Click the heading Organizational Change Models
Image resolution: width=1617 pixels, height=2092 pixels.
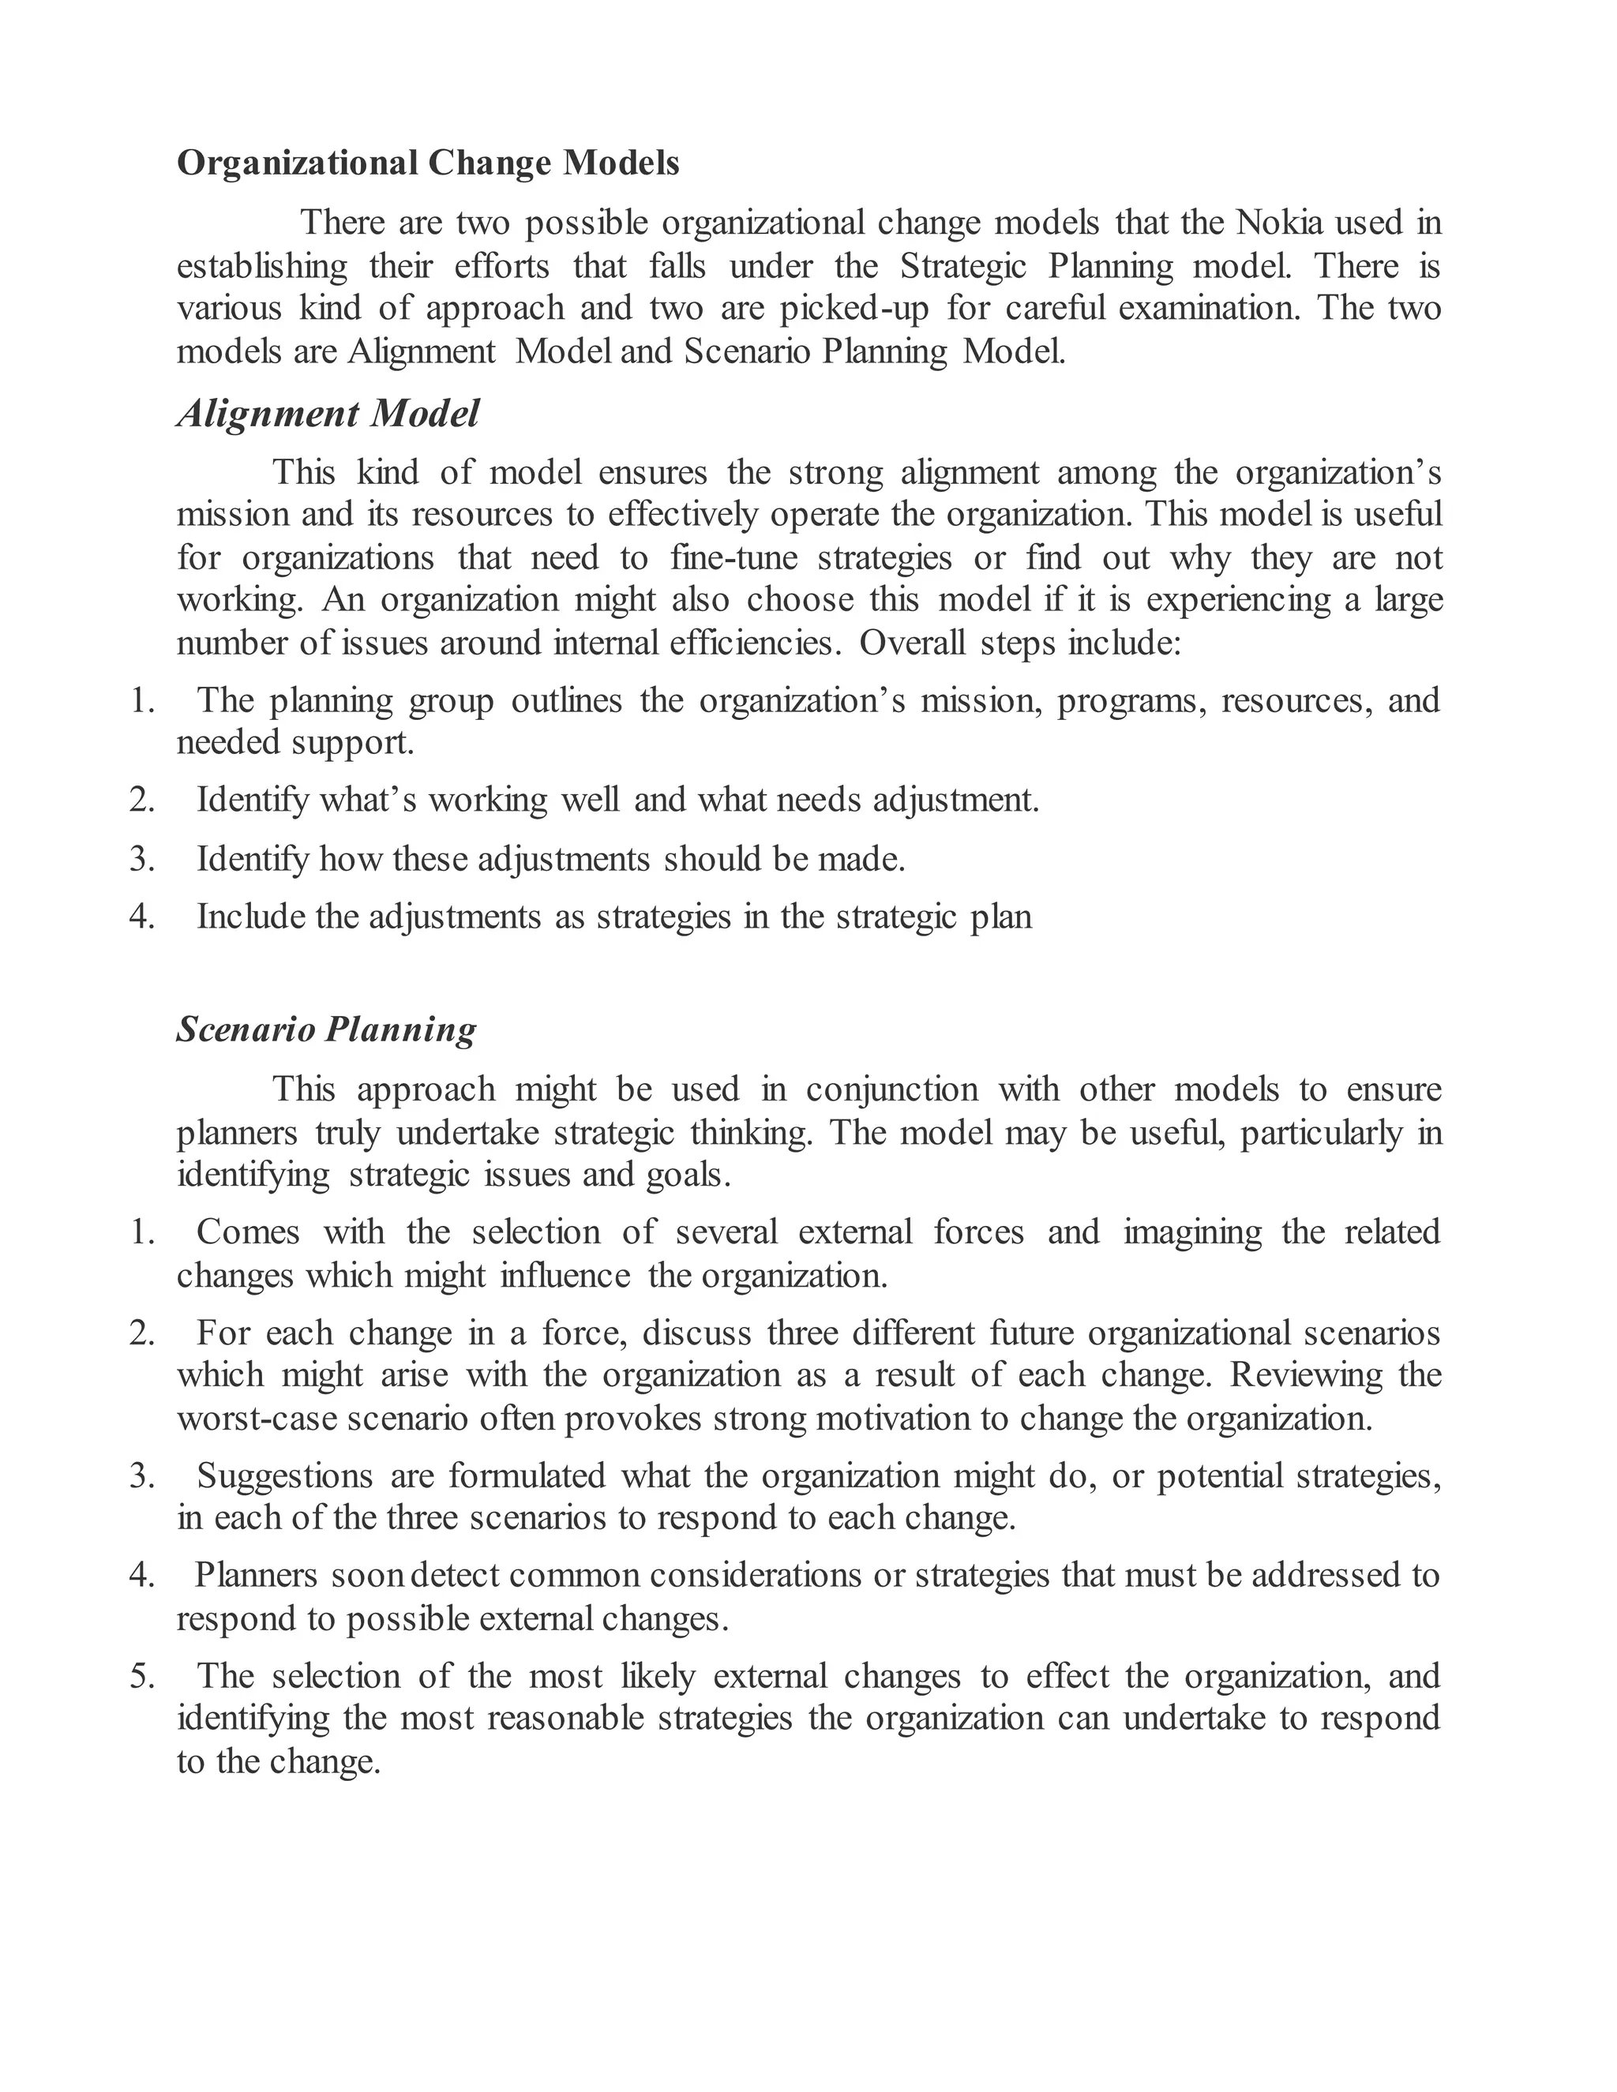pos(428,163)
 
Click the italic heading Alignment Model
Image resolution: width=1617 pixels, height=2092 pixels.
pos(328,414)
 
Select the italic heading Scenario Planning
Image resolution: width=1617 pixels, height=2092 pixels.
pos(327,1029)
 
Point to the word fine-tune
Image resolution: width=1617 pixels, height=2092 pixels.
pos(733,557)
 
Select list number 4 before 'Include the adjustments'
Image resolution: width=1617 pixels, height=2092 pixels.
pos(142,917)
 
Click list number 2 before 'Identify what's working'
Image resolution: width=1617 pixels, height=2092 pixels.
pos(142,799)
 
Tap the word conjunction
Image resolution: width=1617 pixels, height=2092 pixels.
pos(892,1089)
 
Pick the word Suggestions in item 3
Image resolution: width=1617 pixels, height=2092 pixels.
pos(284,1475)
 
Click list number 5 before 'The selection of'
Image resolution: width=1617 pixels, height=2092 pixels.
pos(142,1676)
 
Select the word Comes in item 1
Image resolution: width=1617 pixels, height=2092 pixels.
pos(248,1232)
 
